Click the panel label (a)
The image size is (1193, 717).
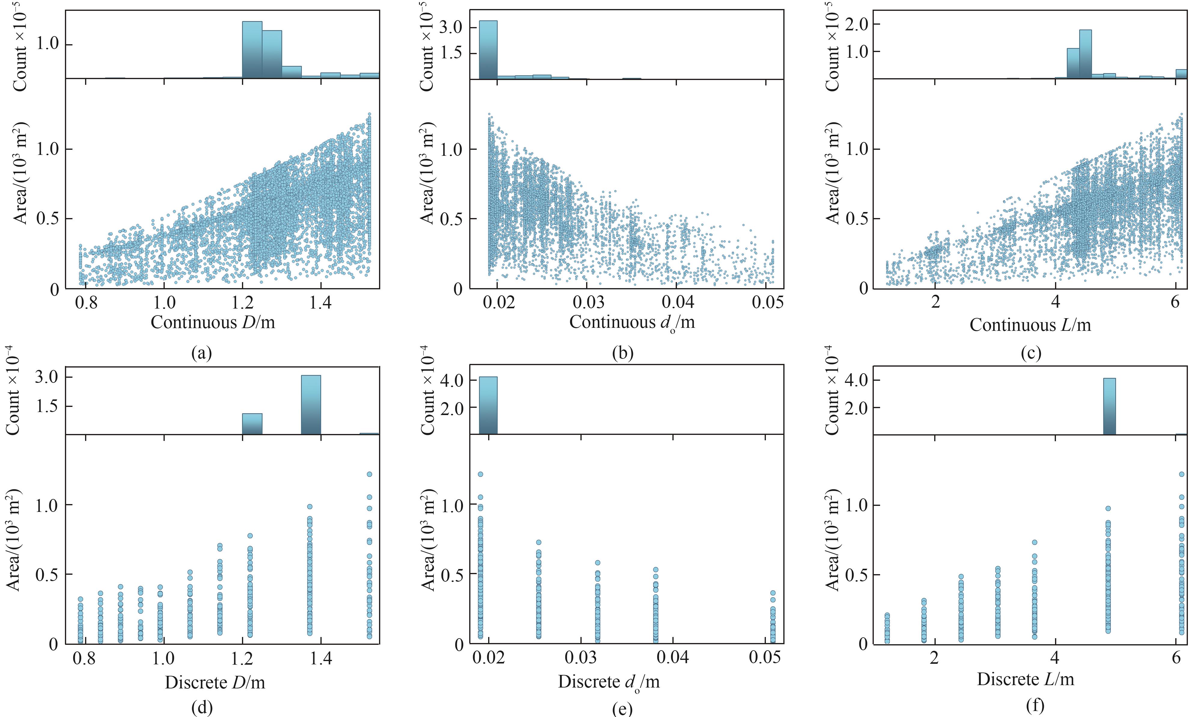tap(201, 354)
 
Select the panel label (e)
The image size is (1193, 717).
tap(622, 709)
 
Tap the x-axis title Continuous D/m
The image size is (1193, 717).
tap(213, 322)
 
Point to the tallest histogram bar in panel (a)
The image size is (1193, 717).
tap(252, 50)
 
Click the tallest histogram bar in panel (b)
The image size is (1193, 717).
tap(488, 49)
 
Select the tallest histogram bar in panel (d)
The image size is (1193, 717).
tap(311, 405)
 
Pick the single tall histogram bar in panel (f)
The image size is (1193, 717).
tap(1109, 406)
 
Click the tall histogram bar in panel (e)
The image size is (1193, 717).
tap(488, 405)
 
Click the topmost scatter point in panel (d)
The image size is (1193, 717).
tap(369, 474)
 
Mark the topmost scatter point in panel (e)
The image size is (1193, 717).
tap(480, 474)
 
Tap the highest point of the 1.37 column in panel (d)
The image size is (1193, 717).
tap(310, 506)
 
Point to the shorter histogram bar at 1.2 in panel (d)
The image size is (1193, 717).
tap(252, 424)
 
